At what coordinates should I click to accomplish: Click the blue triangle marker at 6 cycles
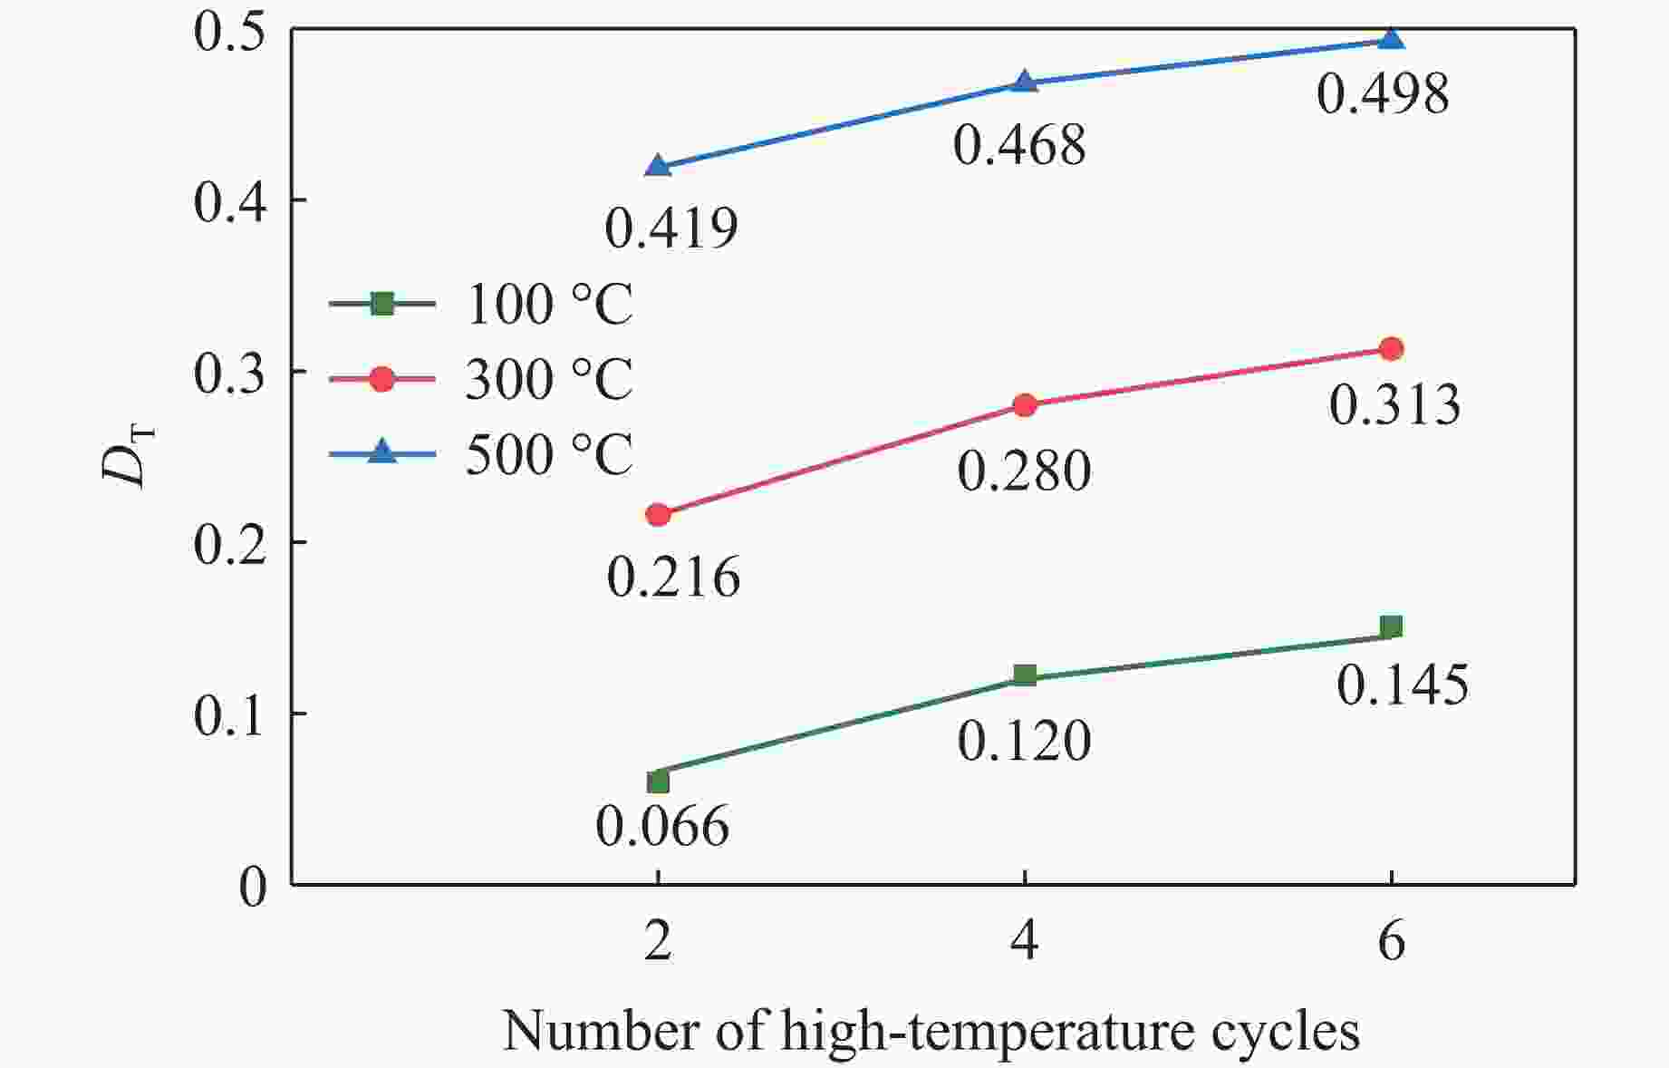click(x=1391, y=39)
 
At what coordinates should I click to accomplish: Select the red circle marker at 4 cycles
click(x=1025, y=404)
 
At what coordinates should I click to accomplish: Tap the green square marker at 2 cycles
click(x=658, y=781)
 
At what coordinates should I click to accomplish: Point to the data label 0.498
click(x=1382, y=94)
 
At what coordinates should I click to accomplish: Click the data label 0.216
click(x=673, y=577)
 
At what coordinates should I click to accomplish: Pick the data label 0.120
click(x=1024, y=741)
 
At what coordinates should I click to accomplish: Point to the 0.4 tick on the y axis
click(x=230, y=202)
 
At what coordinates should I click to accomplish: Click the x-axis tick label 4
click(x=1024, y=943)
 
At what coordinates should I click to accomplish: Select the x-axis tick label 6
click(x=1391, y=943)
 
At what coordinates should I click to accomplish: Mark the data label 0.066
click(x=662, y=826)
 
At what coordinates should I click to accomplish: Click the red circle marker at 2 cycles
click(x=658, y=515)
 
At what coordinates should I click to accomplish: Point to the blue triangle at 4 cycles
click(x=1024, y=82)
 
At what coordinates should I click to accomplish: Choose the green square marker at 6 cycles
click(x=1391, y=626)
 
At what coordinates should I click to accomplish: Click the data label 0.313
click(x=1394, y=404)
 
